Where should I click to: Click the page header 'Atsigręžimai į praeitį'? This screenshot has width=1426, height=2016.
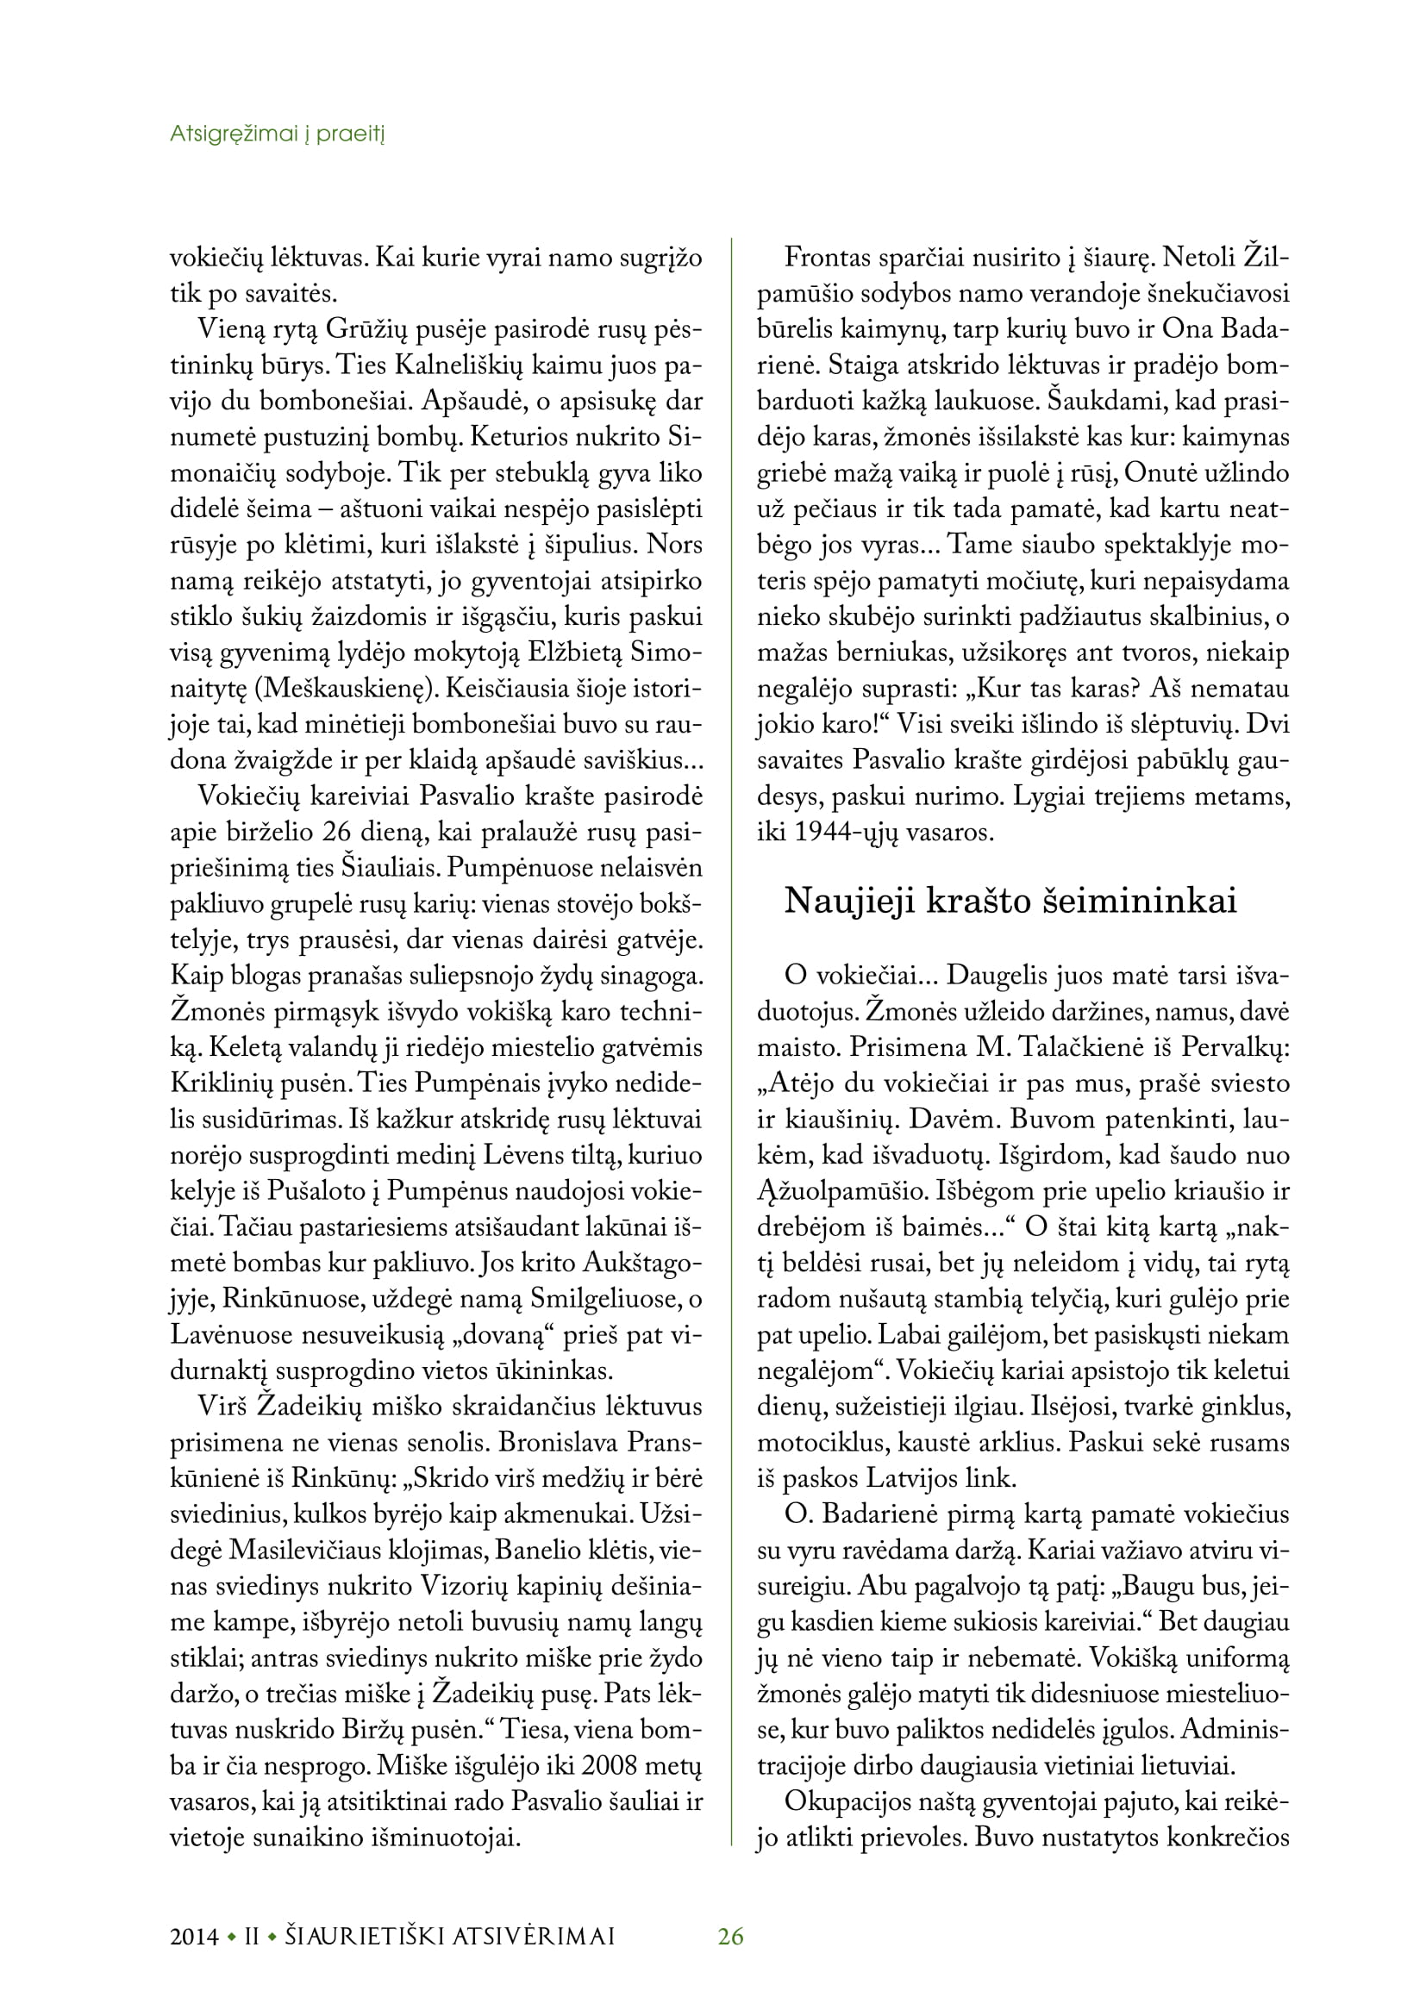(x=278, y=134)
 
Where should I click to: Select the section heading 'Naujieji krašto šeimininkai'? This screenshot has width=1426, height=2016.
(x=1010, y=901)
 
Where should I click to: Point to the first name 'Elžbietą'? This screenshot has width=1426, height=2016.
(x=572, y=652)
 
